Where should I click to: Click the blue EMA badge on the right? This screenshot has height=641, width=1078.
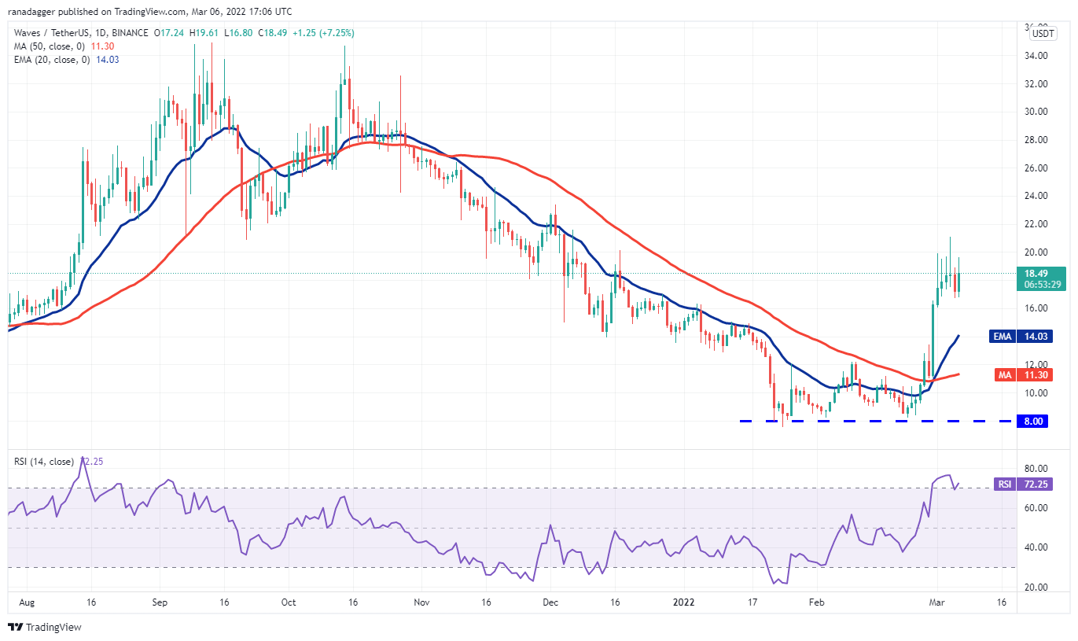1002,336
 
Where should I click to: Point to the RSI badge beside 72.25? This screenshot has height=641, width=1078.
1004,484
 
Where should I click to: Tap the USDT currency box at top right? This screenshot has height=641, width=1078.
1043,34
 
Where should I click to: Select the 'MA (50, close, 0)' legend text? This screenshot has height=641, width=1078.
49,46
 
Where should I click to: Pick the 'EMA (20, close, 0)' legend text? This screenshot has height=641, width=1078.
52,60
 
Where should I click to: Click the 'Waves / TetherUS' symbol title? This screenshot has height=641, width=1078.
50,32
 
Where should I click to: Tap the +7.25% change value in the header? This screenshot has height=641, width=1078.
337,32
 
